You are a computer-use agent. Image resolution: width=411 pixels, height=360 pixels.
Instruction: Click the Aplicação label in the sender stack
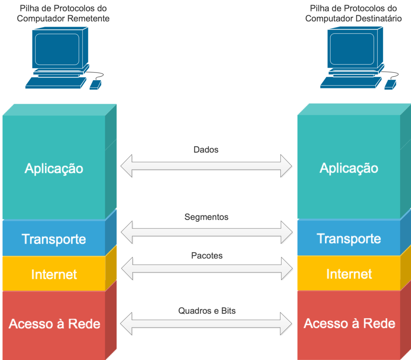(x=54, y=169)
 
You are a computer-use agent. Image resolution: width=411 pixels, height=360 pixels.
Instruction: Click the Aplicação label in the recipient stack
(x=349, y=168)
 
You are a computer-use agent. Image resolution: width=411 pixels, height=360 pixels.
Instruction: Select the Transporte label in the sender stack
(x=54, y=239)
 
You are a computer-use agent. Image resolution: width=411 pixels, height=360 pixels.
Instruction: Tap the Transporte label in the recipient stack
(x=349, y=239)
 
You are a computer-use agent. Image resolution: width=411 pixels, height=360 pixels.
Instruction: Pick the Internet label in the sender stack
(x=54, y=274)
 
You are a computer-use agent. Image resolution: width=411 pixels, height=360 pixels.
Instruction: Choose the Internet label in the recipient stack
(x=349, y=274)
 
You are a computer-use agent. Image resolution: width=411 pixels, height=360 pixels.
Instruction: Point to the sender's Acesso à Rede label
(x=54, y=324)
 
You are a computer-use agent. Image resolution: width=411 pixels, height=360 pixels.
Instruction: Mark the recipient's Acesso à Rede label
(x=349, y=323)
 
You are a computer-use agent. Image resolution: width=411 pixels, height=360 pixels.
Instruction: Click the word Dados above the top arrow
(x=206, y=150)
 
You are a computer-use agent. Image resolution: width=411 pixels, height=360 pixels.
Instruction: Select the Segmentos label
(x=206, y=217)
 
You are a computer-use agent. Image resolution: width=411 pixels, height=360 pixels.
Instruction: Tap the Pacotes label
(x=207, y=255)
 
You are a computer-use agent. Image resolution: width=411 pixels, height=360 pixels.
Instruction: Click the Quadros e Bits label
(x=207, y=311)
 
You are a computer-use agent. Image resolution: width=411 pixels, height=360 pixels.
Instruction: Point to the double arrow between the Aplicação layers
(x=206, y=166)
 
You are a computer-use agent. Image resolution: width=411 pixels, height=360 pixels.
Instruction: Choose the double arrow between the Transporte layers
(x=206, y=232)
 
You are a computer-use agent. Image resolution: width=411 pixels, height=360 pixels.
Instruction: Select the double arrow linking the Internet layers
(x=206, y=269)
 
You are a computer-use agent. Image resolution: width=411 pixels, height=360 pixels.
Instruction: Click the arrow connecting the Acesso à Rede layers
(x=206, y=323)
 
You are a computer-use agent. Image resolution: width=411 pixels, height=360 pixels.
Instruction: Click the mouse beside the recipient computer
(x=390, y=84)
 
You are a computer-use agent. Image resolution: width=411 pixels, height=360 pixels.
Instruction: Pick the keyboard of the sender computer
(x=55, y=83)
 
